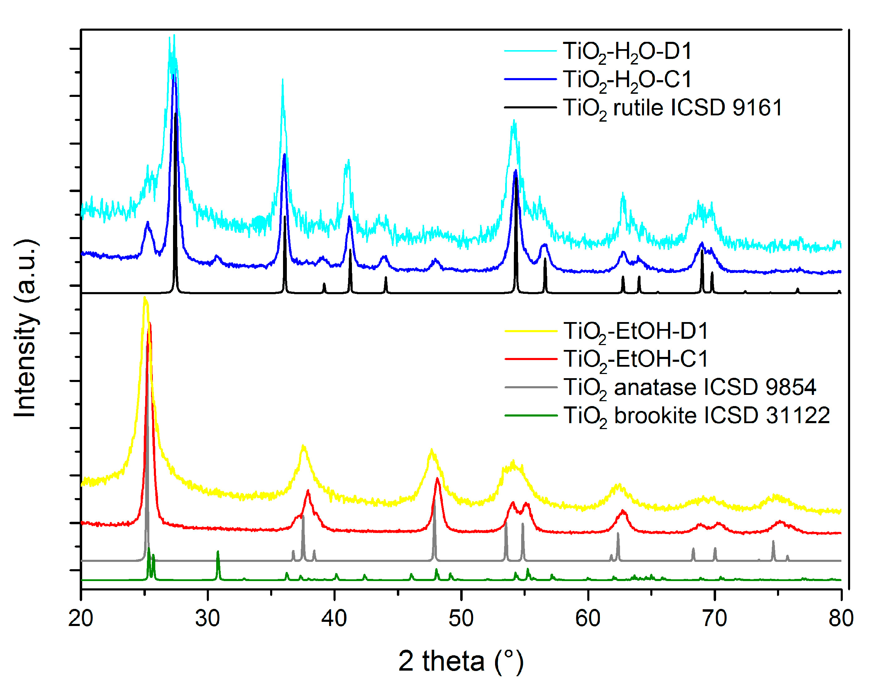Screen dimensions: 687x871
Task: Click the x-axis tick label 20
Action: [81, 618]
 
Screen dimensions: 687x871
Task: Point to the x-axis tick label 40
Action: [334, 618]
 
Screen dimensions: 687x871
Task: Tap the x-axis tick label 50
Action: [461, 618]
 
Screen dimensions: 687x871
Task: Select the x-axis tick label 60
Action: [587, 618]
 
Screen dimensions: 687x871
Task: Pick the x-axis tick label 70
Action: [714, 618]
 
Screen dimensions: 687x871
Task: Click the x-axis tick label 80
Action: [841, 618]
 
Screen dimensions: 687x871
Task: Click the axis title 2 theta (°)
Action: [461, 661]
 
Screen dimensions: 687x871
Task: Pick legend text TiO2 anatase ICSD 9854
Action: [689, 388]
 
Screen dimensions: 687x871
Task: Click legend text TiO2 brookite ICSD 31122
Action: [696, 415]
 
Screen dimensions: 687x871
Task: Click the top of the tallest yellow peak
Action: [144, 298]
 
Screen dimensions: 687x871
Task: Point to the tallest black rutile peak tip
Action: [175, 115]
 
